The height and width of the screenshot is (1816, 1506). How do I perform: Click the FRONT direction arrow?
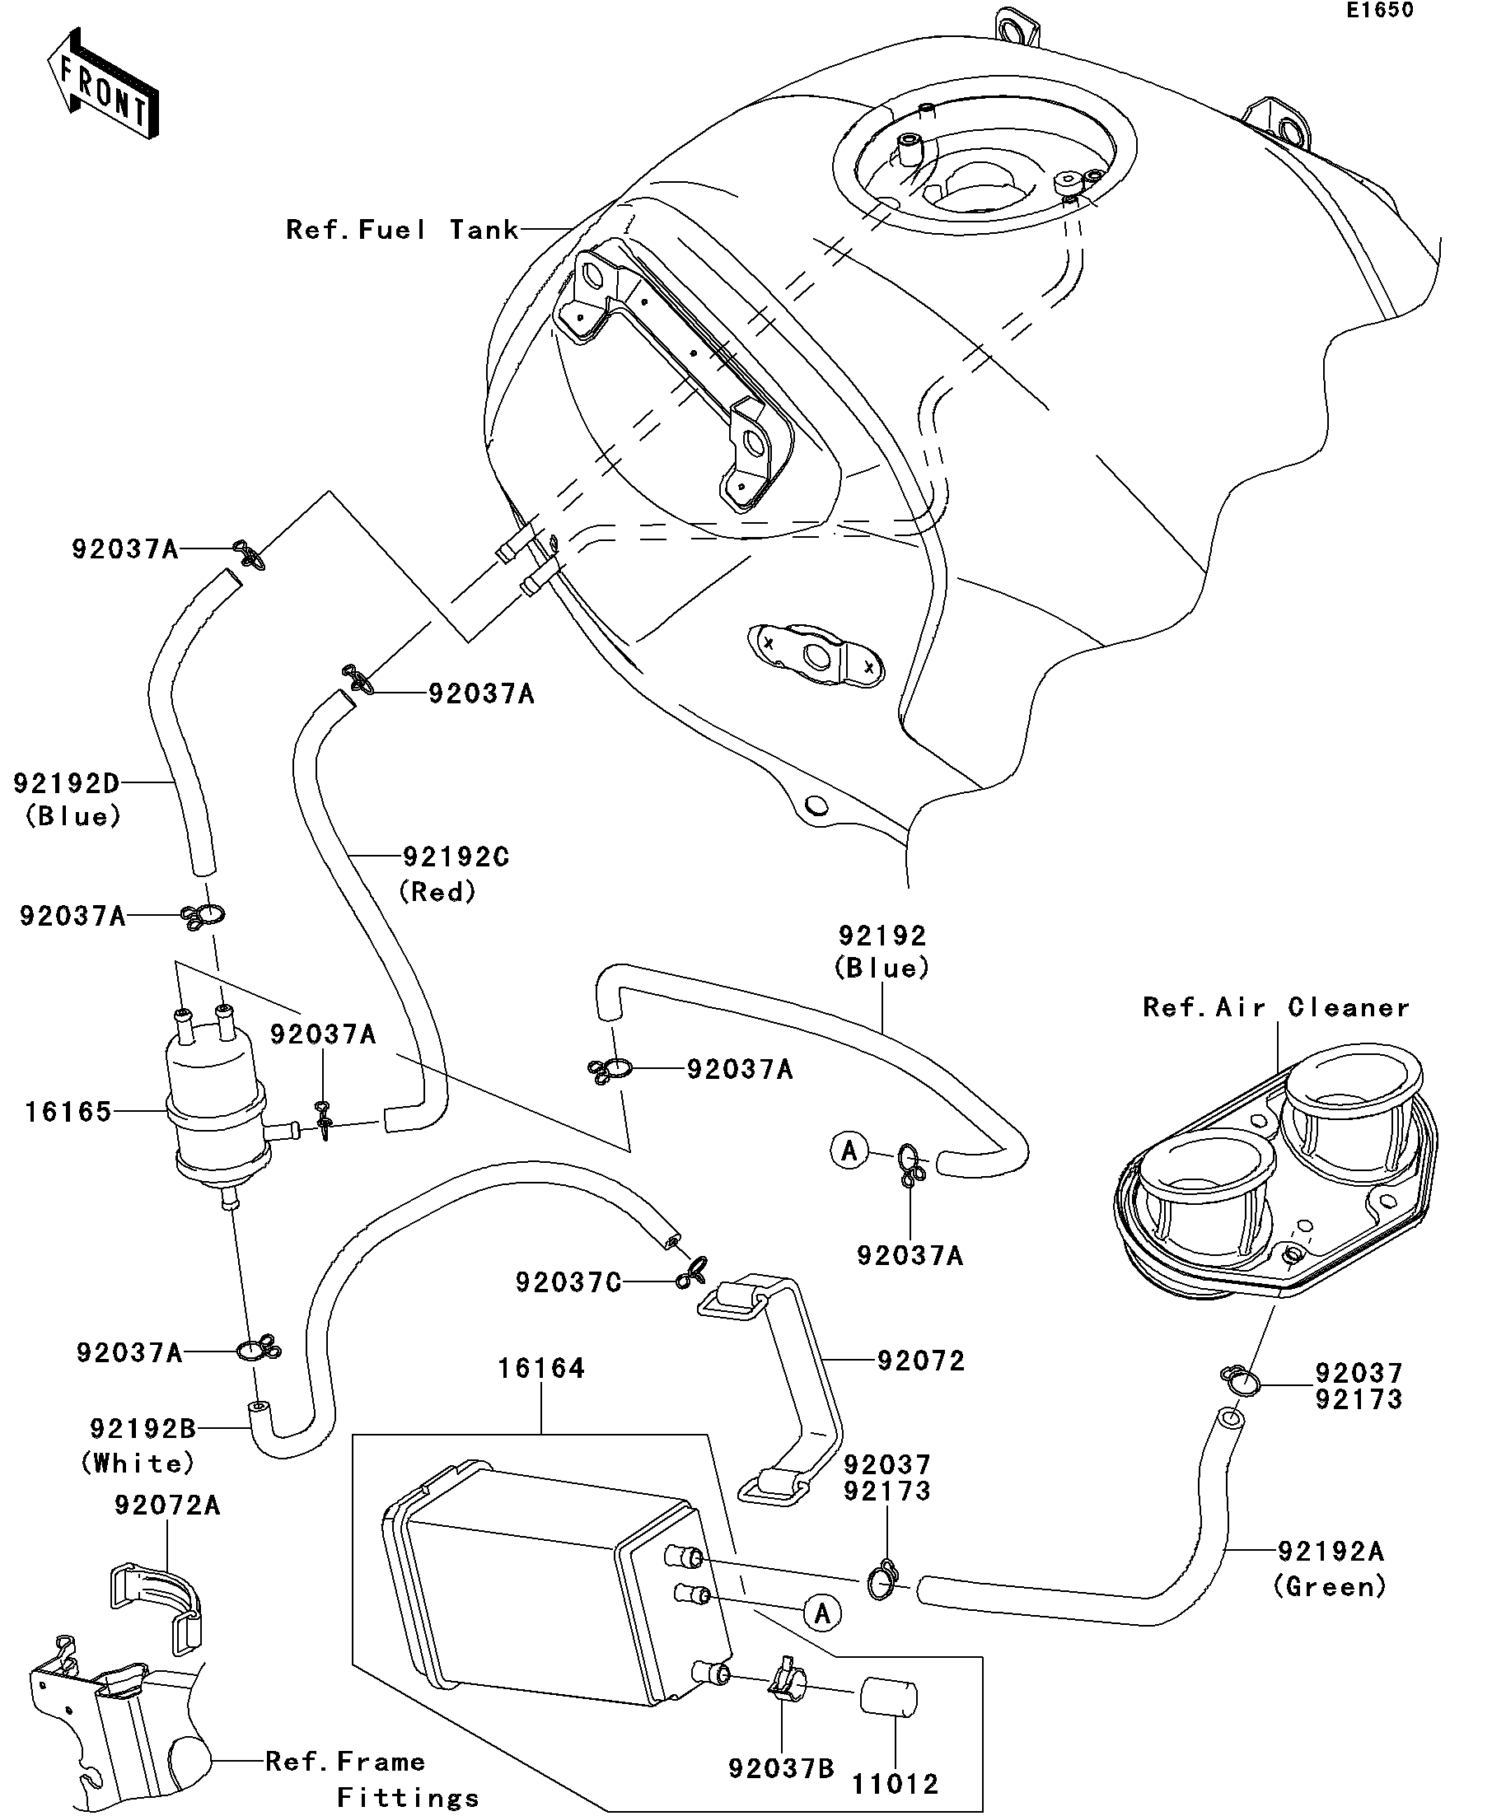coord(103,83)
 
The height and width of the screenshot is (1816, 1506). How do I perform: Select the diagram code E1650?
coord(1380,11)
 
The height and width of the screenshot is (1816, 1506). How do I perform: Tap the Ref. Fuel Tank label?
coord(402,229)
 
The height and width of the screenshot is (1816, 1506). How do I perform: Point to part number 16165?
coord(68,1111)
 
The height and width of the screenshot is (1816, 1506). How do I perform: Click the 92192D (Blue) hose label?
coord(67,800)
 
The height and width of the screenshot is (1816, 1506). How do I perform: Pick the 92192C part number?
coord(456,857)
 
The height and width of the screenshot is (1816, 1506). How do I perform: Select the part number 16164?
coord(541,1368)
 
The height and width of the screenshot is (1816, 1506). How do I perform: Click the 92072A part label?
coord(167,1506)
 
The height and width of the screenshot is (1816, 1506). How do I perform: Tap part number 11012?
coord(896,1784)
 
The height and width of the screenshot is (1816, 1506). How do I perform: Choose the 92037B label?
coord(781,1768)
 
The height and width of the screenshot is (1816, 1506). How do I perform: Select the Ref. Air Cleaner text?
coord(1276,1007)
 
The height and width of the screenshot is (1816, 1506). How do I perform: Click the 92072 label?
coord(920,1361)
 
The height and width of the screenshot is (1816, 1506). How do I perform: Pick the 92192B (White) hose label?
coord(138,1445)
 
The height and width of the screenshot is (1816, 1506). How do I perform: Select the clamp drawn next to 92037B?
coord(786,1682)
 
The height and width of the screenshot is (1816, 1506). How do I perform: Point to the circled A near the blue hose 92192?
coord(849,1150)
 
